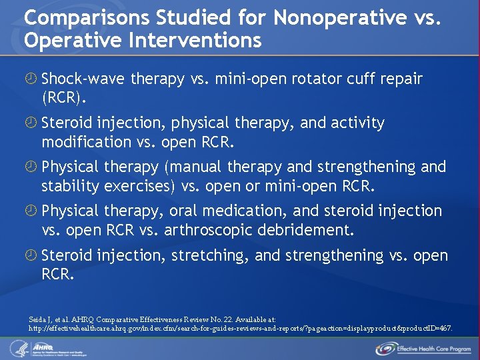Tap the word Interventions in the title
191,40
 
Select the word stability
69,185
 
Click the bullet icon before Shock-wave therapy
31,79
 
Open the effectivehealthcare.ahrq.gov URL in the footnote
240,329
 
